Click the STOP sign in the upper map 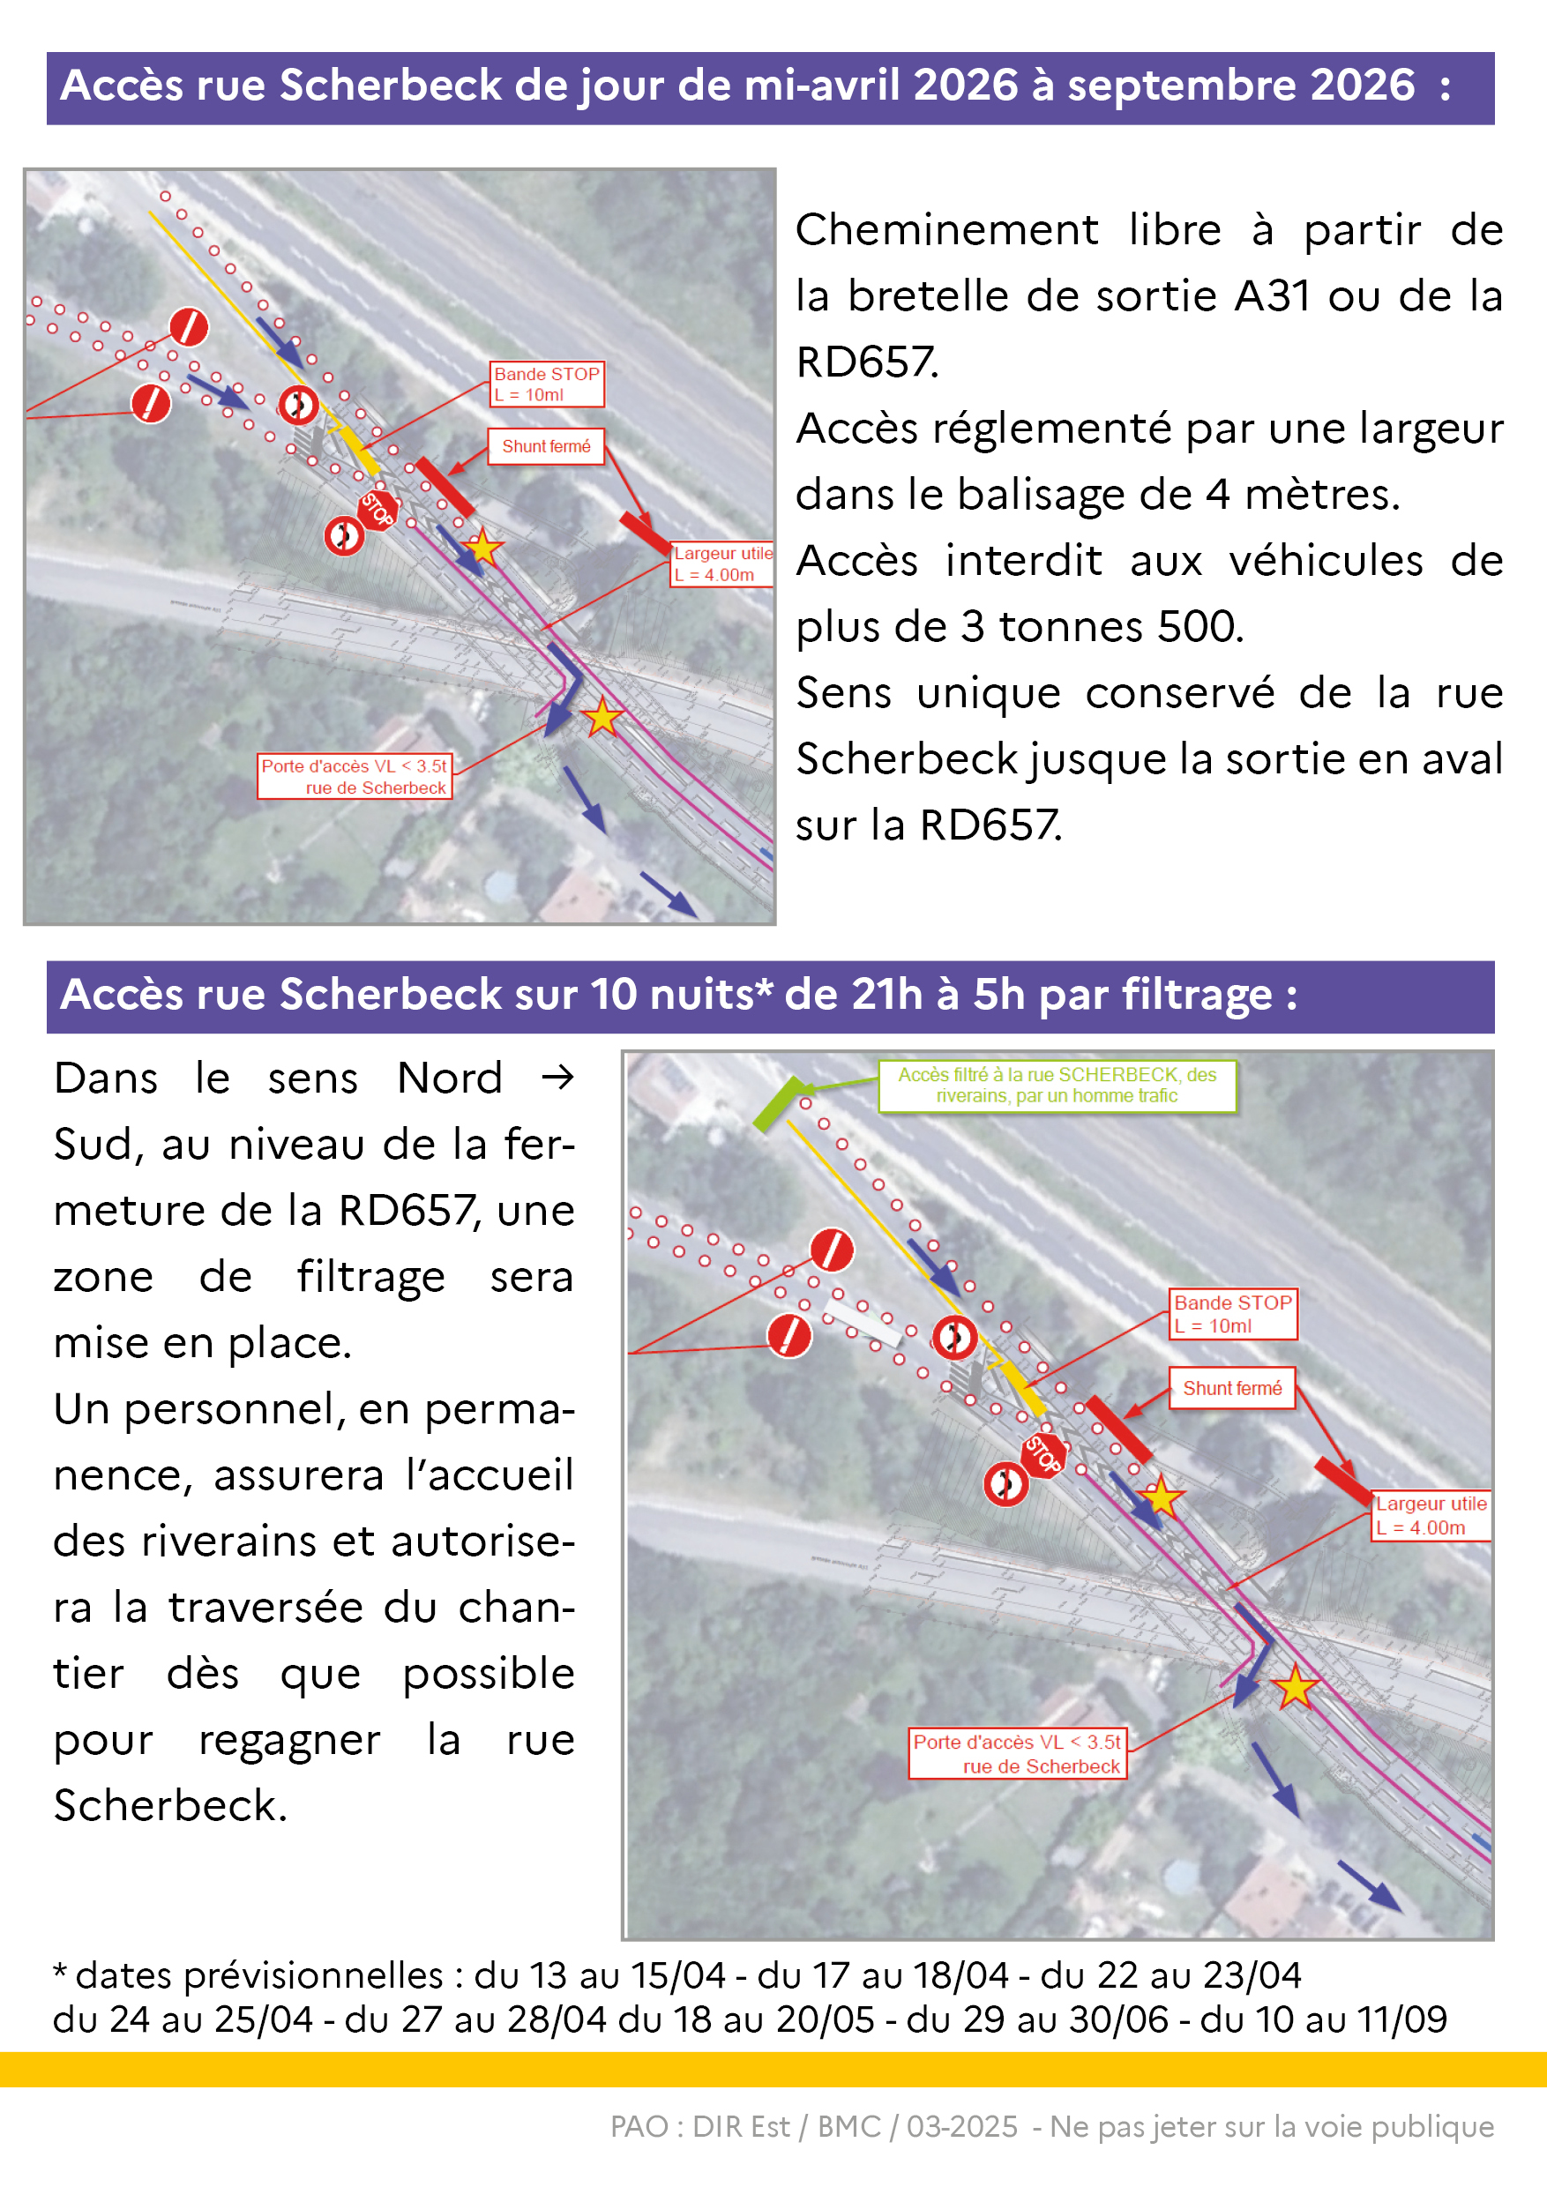[x=377, y=510]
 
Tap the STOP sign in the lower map [x=1043, y=1454]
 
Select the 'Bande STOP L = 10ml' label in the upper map [x=547, y=384]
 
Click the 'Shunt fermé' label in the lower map [x=1232, y=1388]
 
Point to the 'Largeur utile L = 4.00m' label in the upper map [x=722, y=564]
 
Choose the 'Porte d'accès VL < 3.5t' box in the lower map [x=1016, y=1754]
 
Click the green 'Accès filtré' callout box [x=1057, y=1086]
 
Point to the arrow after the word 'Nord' [x=557, y=1079]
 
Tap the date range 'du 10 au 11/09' [x=1323, y=2020]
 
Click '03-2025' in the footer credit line [x=961, y=2127]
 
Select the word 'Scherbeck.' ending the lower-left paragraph [x=170, y=1806]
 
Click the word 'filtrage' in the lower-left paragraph [x=370, y=1277]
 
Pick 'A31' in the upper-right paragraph [x=1273, y=296]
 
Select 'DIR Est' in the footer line [x=740, y=2127]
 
